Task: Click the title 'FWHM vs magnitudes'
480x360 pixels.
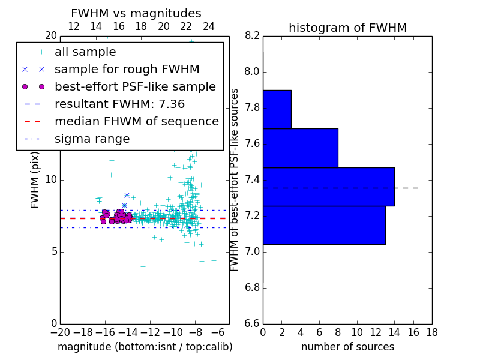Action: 136,13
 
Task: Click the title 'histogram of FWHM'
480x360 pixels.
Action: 347,28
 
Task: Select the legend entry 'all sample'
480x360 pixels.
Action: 85,52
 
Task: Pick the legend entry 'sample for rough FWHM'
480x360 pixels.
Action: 127,70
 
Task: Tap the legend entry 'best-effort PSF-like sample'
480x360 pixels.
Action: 135,87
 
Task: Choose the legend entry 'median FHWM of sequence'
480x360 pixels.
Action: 136,122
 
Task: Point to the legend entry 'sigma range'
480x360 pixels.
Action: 92,139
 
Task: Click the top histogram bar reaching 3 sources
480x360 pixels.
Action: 277,109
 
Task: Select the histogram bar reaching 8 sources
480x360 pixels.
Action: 300,148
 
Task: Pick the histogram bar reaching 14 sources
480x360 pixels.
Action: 328,187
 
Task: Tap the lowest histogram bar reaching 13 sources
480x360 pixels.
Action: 323,225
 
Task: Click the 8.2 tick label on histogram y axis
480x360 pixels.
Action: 252,36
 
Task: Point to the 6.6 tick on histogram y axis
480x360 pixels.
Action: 252,323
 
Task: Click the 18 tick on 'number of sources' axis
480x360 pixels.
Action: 431,332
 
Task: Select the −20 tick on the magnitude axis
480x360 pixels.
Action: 59,332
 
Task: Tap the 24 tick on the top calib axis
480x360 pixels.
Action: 209,26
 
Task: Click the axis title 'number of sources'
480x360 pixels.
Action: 347,347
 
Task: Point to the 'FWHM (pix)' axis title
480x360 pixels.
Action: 35,179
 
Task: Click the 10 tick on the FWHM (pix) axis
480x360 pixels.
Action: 50,180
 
